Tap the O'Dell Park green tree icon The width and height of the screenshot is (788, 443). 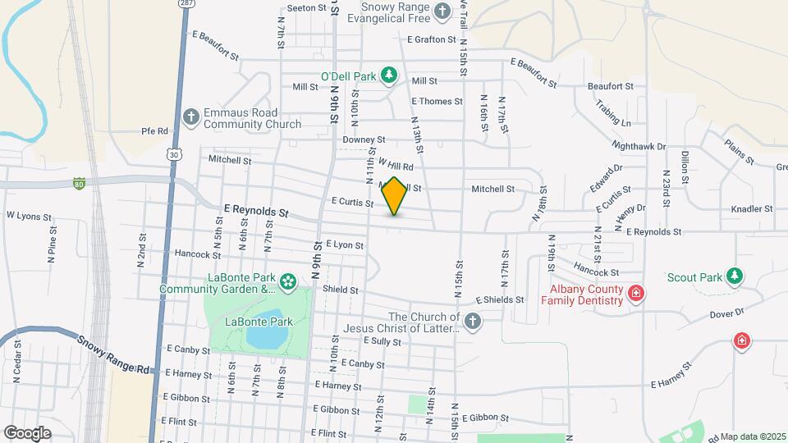(x=390, y=76)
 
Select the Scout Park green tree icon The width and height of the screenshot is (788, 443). (x=736, y=276)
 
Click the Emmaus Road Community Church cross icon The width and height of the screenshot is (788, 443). (x=190, y=116)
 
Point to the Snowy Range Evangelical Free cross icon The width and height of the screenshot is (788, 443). (x=442, y=11)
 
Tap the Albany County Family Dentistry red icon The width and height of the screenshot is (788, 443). (x=635, y=293)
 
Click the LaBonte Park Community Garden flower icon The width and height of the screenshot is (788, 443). (x=287, y=283)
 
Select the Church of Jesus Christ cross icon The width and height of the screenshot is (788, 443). (x=472, y=322)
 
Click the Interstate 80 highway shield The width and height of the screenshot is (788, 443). (x=79, y=182)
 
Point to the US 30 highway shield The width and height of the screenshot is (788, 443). (x=172, y=153)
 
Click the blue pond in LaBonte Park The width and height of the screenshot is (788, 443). (x=264, y=330)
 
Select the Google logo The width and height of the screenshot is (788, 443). (x=28, y=432)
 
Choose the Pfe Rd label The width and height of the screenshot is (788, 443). (x=154, y=130)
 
